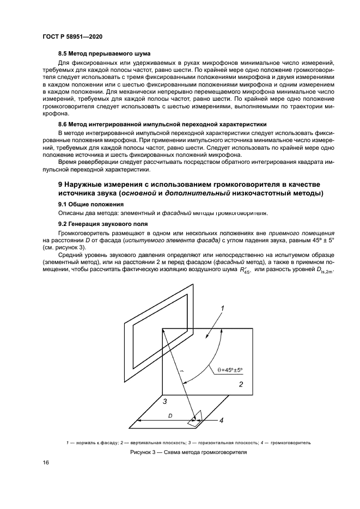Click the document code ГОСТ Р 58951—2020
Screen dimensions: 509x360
[72, 36]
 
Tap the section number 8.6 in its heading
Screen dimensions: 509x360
[63, 125]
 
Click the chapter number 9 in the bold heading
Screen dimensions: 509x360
[61, 185]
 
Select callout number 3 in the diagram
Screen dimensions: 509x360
[164, 401]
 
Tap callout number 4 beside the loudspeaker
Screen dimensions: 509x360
[221, 420]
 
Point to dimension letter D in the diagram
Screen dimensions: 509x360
[170, 415]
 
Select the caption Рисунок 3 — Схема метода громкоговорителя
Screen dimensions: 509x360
[188, 453]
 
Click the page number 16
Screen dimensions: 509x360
[46, 463]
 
